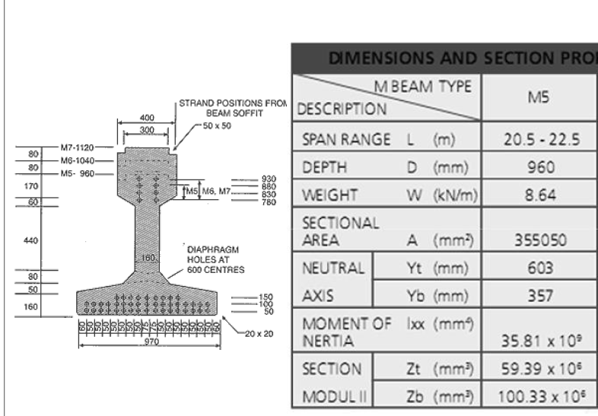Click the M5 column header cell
pos(539,97)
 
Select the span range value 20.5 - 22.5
pos(539,139)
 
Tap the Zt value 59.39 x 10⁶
pos(539,368)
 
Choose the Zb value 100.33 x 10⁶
pos(539,395)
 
